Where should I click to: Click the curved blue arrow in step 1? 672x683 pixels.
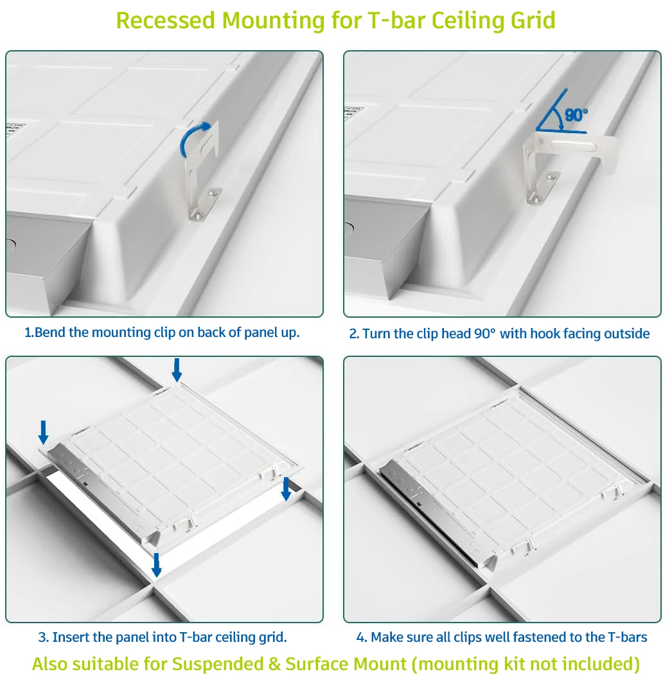(x=195, y=136)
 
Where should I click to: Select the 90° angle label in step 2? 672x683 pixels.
(x=576, y=115)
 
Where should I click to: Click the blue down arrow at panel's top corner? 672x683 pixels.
(x=177, y=369)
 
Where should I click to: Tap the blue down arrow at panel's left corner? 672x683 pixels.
(x=43, y=432)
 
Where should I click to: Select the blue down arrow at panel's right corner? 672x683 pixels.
(x=286, y=488)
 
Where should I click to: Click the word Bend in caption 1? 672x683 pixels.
(x=49, y=332)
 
